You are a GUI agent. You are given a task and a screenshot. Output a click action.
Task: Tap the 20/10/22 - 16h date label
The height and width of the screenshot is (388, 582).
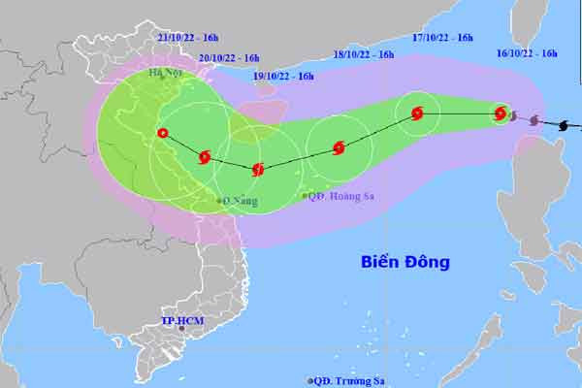click(229, 57)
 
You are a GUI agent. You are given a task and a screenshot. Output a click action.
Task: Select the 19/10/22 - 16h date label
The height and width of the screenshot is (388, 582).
click(283, 76)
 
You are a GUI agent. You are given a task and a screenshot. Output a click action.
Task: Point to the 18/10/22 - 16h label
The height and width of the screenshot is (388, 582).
click(364, 54)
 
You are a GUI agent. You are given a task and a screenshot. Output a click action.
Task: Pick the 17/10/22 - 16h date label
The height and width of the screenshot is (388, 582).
click(442, 38)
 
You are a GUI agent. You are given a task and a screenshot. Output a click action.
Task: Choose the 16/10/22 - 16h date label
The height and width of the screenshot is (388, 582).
click(528, 54)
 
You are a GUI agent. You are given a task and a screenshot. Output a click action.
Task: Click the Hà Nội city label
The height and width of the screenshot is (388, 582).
click(165, 73)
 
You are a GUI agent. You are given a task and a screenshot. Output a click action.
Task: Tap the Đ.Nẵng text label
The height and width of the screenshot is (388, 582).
click(240, 201)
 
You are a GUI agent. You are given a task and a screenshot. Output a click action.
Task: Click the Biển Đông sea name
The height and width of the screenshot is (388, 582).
click(405, 262)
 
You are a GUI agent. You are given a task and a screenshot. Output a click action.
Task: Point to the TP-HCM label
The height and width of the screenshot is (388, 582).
click(182, 319)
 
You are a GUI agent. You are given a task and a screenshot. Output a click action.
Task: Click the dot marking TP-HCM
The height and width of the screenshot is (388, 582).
click(181, 330)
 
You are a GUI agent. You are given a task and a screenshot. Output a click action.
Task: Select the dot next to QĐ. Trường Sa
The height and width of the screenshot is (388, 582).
click(309, 380)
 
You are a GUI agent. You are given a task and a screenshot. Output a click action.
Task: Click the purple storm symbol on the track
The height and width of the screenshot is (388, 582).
click(534, 120)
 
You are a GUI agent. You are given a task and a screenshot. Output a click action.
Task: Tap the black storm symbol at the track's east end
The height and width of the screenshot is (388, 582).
click(566, 124)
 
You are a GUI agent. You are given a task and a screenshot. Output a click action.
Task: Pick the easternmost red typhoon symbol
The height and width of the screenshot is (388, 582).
click(501, 113)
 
